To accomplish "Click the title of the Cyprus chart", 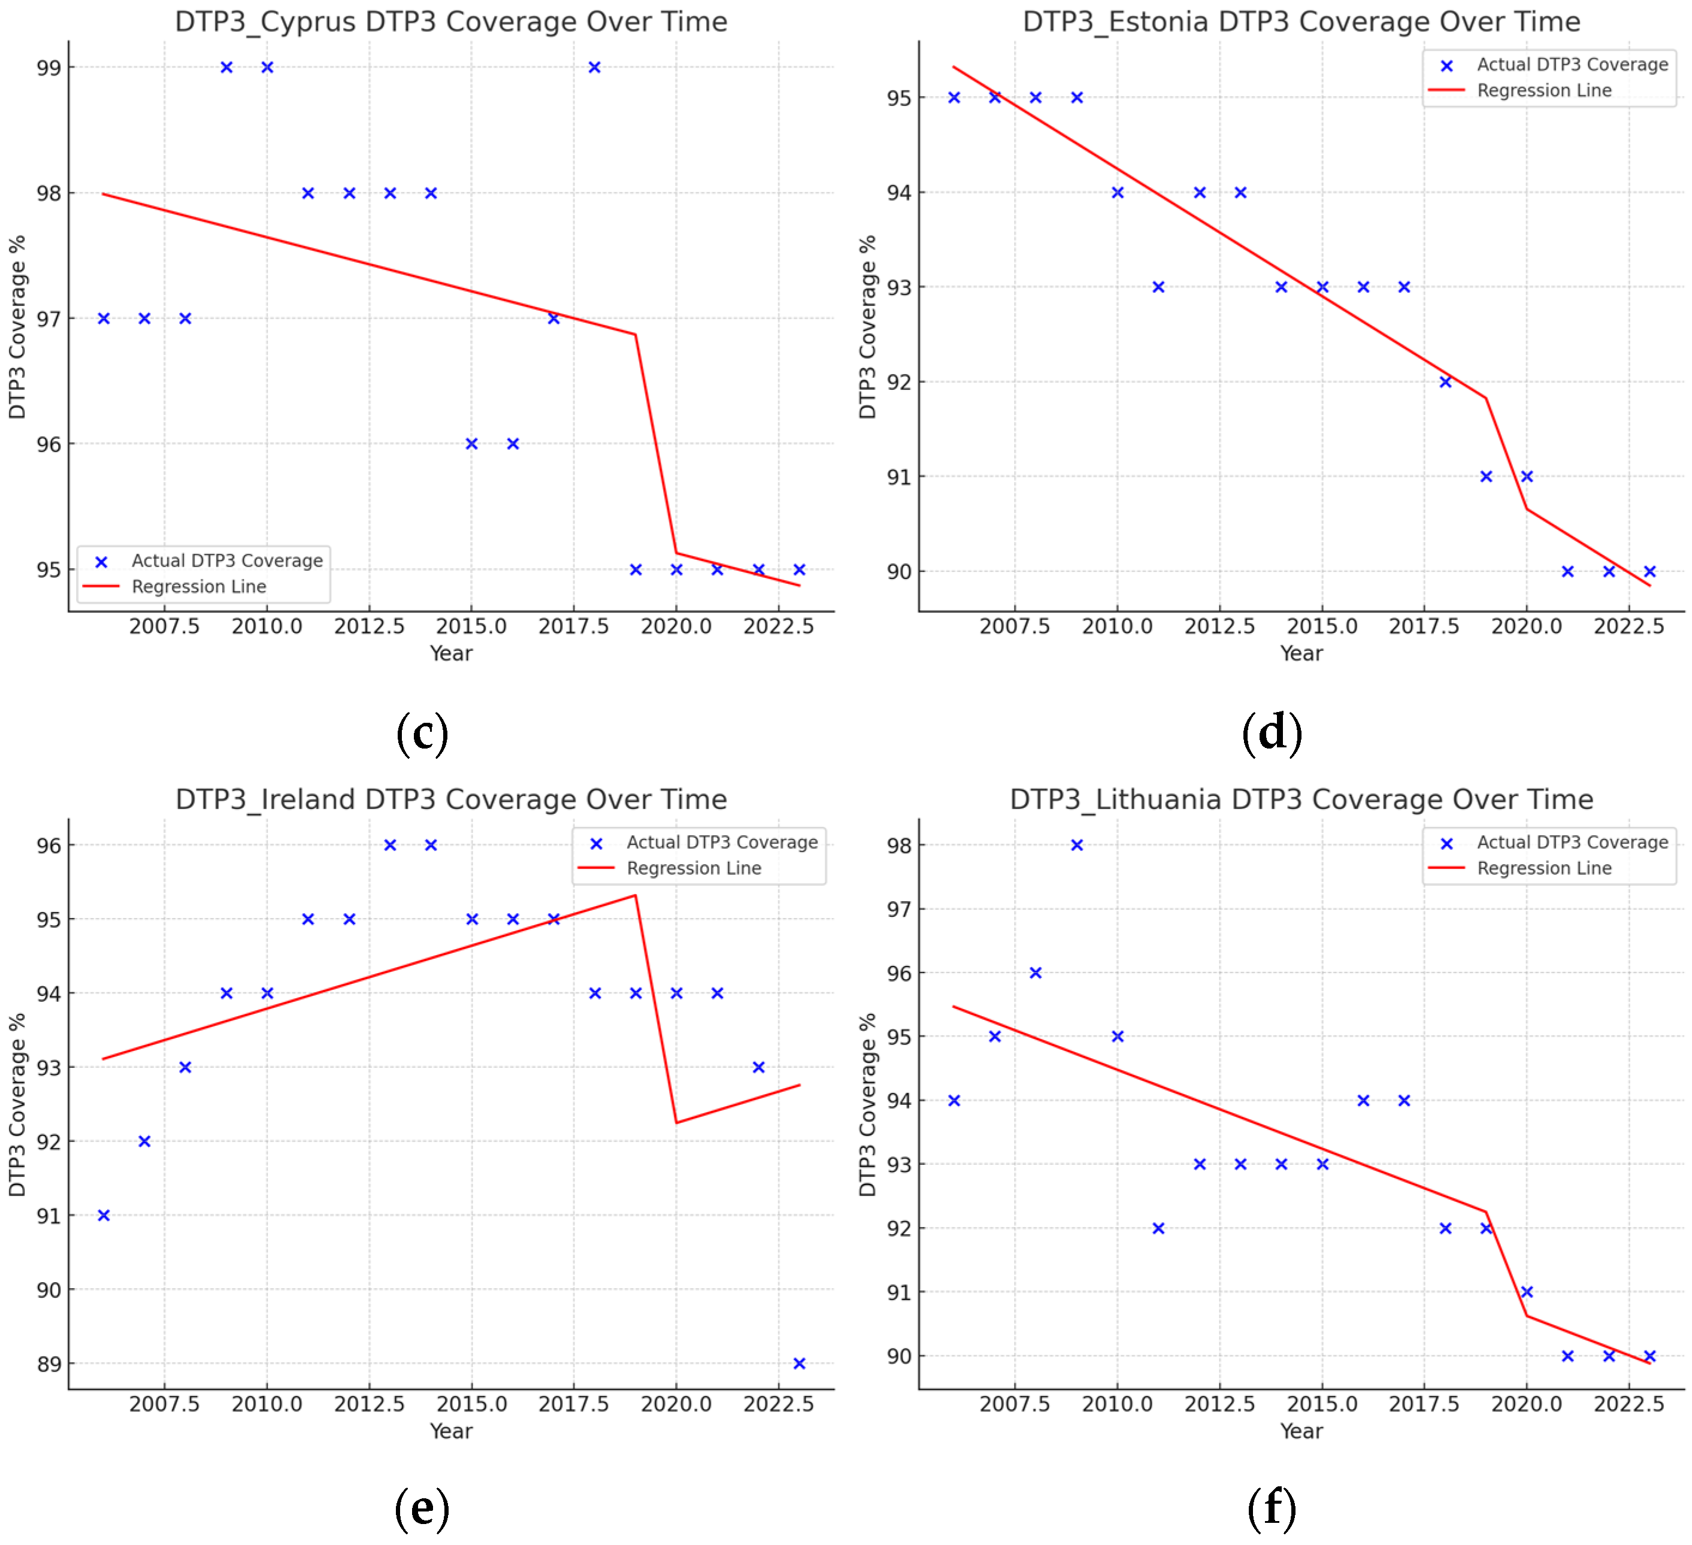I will point(450,22).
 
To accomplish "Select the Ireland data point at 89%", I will point(799,1364).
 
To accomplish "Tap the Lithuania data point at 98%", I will point(1077,845).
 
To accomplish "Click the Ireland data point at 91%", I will point(103,1215).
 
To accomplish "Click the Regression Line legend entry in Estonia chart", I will point(1543,90).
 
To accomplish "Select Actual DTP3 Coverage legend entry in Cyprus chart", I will point(226,561).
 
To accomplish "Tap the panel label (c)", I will point(422,732).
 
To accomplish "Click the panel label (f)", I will point(1272,1508).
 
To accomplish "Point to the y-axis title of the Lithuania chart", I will point(867,1104).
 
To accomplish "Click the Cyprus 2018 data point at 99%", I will point(594,67).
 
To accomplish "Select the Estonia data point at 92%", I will point(1445,382).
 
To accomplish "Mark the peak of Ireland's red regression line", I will point(635,895).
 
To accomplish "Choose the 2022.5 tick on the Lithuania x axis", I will point(1629,1404).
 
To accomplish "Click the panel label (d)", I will point(1272,732).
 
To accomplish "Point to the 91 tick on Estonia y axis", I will point(899,477).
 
